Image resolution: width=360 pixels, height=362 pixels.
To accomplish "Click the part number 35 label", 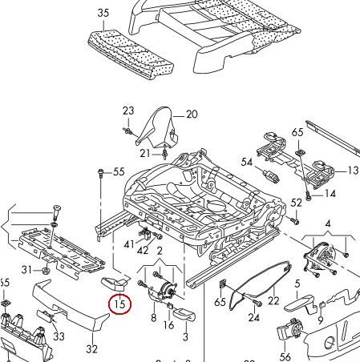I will pos(103,13).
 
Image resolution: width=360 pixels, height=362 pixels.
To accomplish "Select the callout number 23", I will pos(128,111).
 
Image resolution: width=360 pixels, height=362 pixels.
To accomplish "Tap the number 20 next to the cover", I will pos(192,115).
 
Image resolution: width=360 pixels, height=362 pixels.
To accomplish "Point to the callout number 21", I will pos(144,153).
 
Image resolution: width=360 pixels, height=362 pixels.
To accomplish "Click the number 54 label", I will pos(247,163).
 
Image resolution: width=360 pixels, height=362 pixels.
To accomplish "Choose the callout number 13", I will pos(352,171).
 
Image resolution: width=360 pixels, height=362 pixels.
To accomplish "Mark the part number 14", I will pos(331,194).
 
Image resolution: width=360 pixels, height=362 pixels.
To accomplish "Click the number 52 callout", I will pos(297,203).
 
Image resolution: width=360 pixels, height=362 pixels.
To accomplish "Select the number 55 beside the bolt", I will pos(119,172).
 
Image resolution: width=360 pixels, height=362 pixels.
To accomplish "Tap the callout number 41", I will pos(130,243).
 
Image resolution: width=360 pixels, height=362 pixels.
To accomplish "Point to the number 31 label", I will pos(26,268).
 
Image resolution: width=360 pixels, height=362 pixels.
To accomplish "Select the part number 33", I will pos(59,337).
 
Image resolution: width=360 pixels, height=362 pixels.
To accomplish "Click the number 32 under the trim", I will pos(91,348).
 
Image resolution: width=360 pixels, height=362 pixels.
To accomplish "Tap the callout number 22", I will pos(273,301).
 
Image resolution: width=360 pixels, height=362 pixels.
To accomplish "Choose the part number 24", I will pos(254,318).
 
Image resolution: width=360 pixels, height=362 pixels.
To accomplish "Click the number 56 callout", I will pos(285,357).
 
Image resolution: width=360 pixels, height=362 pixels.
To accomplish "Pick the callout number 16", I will pos(168,324).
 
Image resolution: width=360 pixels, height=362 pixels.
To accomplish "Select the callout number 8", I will pos(153,318).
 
